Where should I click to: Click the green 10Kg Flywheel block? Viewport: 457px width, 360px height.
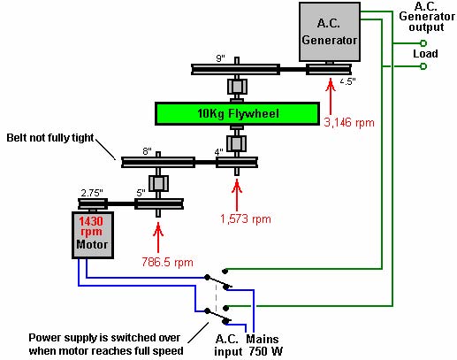pyautogui.click(x=237, y=113)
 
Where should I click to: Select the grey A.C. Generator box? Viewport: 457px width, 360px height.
pyautogui.click(x=330, y=32)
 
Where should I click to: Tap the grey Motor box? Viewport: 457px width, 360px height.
pyautogui.click(x=93, y=235)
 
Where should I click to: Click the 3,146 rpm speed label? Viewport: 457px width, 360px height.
pyautogui.click(x=349, y=122)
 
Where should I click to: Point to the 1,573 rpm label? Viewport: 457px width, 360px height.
pyautogui.click(x=246, y=218)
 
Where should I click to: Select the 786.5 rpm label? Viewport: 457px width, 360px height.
pyautogui.click(x=167, y=262)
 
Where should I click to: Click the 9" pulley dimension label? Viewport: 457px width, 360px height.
pyautogui.click(x=220, y=58)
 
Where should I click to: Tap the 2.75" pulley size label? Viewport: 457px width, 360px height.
pyautogui.click(x=92, y=193)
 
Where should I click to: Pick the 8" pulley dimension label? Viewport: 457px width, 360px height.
pyautogui.click(x=147, y=151)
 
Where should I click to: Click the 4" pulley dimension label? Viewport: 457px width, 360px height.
pyautogui.click(x=218, y=152)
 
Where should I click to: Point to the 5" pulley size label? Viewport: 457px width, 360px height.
pyautogui.click(x=141, y=193)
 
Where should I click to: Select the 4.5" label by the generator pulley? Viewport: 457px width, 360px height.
pyautogui.click(x=347, y=81)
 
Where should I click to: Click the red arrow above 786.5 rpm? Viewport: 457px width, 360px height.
pyautogui.click(x=158, y=237)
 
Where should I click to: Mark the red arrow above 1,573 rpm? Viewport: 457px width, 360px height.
pyautogui.click(x=237, y=195)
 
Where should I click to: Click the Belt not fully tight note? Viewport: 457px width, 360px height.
pyautogui.click(x=50, y=138)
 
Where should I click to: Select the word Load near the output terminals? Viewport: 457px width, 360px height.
pyautogui.click(x=425, y=54)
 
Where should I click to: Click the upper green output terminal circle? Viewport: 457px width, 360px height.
pyautogui.click(x=423, y=43)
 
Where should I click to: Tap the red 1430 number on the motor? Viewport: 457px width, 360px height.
pyautogui.click(x=91, y=221)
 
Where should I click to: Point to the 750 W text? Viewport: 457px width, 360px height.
pyautogui.click(x=266, y=351)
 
